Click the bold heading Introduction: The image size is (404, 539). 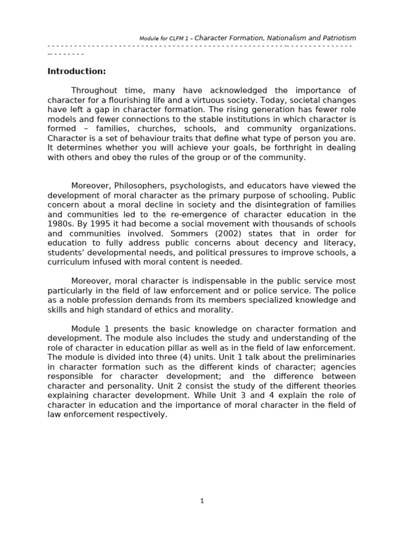point(77,72)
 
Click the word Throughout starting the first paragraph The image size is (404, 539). point(95,91)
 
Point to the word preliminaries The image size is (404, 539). point(330,357)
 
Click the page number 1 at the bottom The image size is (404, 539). point(202,501)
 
